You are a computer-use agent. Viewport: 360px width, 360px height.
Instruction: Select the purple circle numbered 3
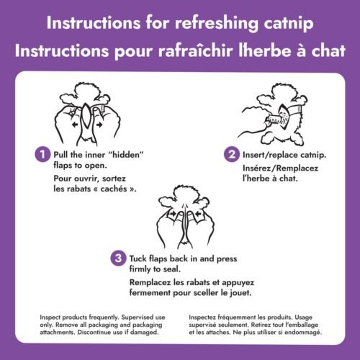[117, 258]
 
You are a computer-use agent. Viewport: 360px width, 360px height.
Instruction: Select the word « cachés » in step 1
[115, 189]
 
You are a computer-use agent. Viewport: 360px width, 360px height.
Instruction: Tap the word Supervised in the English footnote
[137, 318]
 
